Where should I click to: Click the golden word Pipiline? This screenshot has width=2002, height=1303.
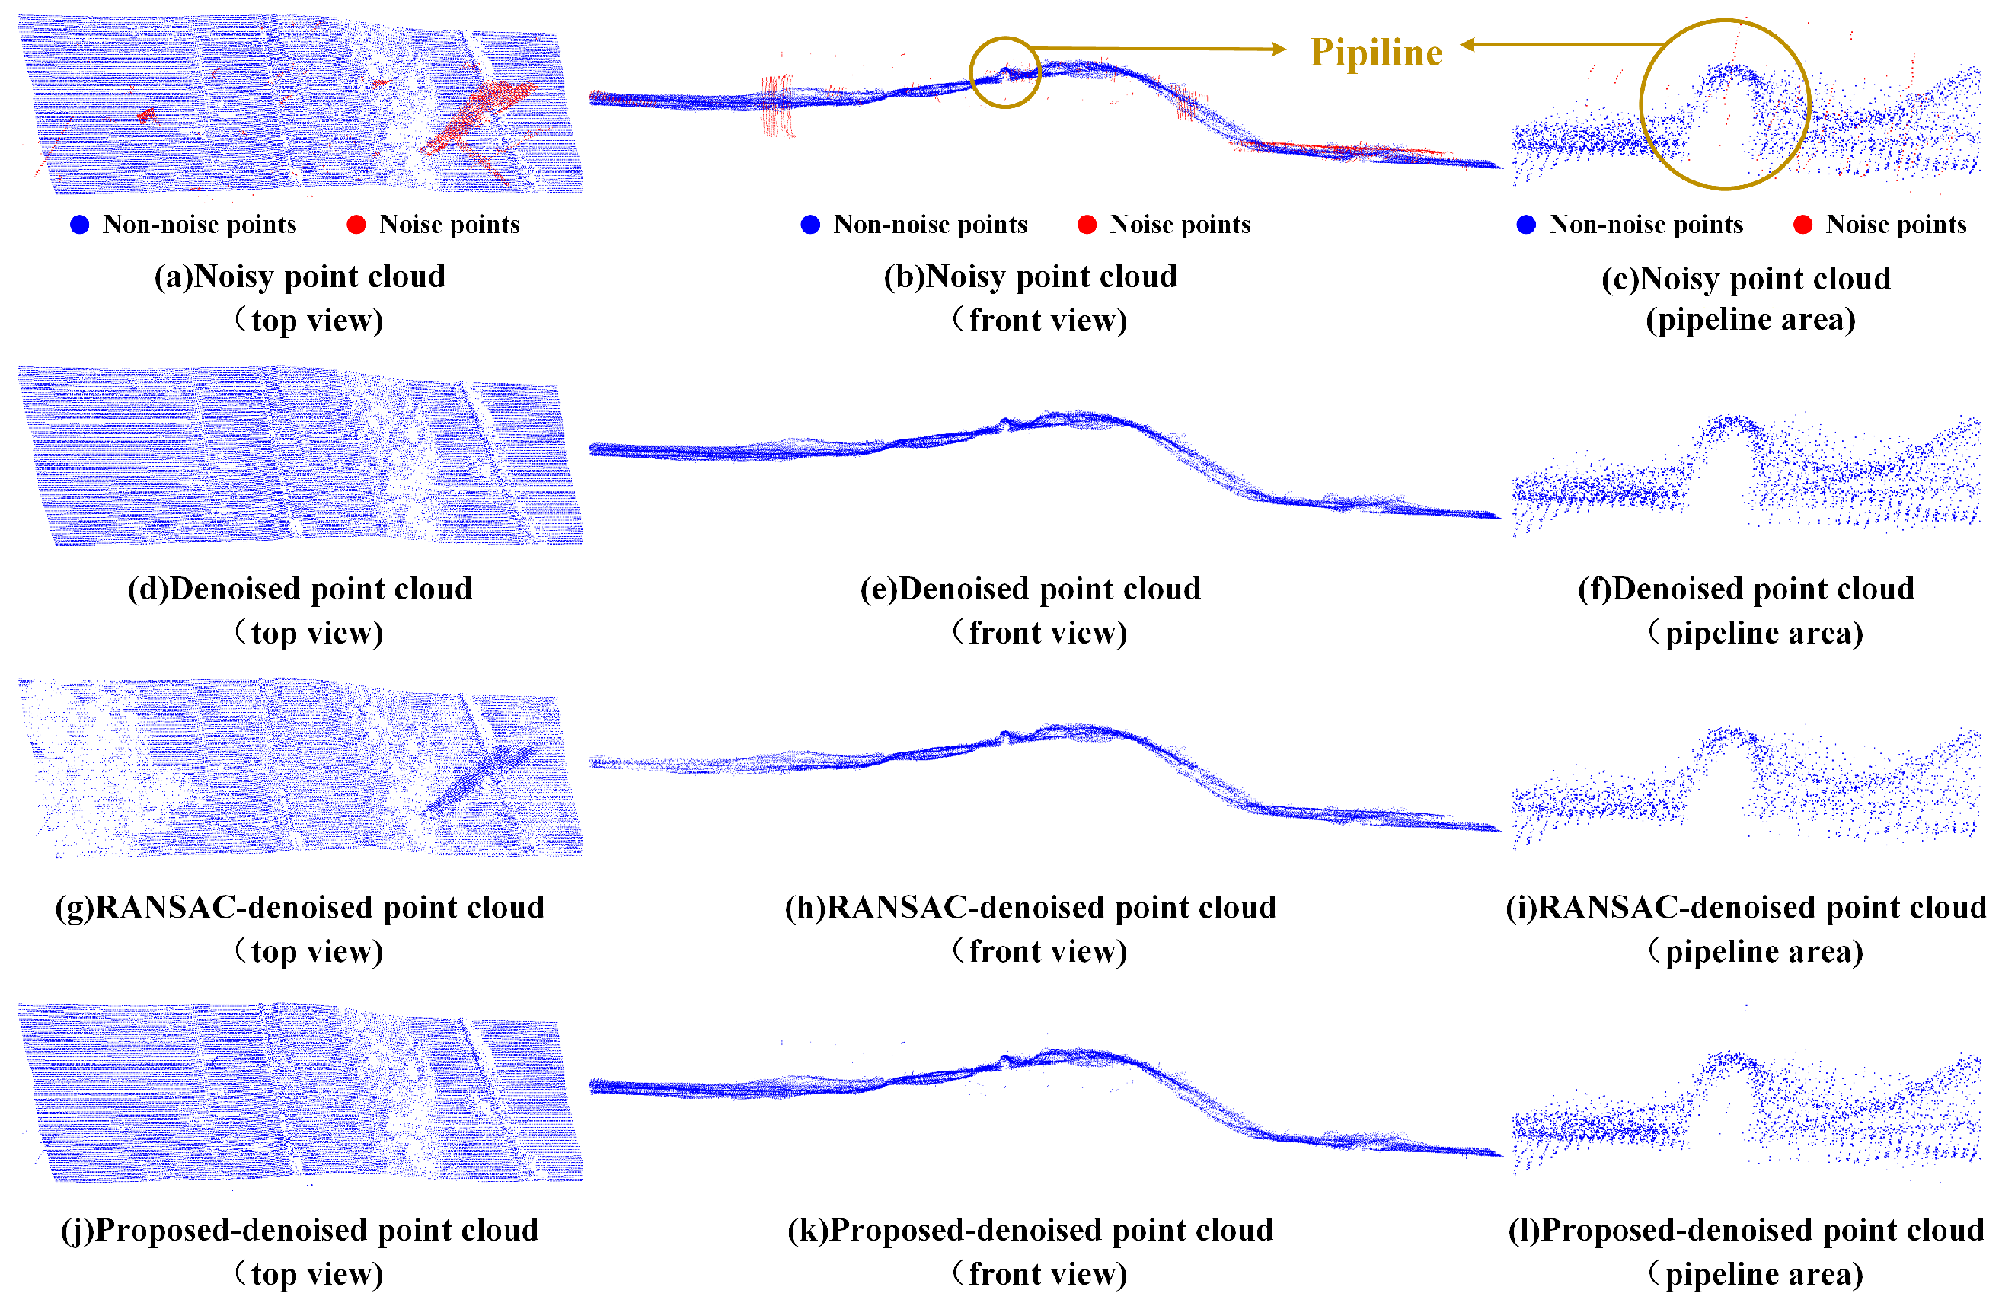(1376, 52)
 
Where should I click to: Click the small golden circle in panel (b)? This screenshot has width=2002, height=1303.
(1004, 72)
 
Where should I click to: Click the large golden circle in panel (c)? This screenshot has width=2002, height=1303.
(1724, 104)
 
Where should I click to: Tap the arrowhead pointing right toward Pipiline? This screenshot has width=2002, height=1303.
(1279, 49)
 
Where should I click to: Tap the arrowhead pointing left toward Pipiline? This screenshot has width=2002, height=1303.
(1469, 45)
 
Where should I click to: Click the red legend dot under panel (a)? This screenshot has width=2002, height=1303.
(356, 225)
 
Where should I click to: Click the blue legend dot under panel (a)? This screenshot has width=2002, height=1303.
(80, 225)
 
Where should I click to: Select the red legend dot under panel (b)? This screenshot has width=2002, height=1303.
(1087, 225)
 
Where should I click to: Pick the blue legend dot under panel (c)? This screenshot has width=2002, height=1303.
(1526, 225)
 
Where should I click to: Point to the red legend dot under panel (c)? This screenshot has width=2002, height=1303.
(1802, 225)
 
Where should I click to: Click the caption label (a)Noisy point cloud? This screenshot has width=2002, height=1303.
(299, 276)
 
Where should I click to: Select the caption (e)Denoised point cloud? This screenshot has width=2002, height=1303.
(1030, 589)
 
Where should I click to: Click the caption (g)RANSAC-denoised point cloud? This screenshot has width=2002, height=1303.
(299, 908)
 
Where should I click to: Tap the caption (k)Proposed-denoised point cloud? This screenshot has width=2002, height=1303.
(1030, 1231)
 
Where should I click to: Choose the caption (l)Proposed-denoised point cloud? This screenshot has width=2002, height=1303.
(1746, 1231)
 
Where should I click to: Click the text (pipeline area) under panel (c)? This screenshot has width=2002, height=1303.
(1750, 320)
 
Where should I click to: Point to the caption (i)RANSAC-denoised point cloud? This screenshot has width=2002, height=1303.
(1746, 908)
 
